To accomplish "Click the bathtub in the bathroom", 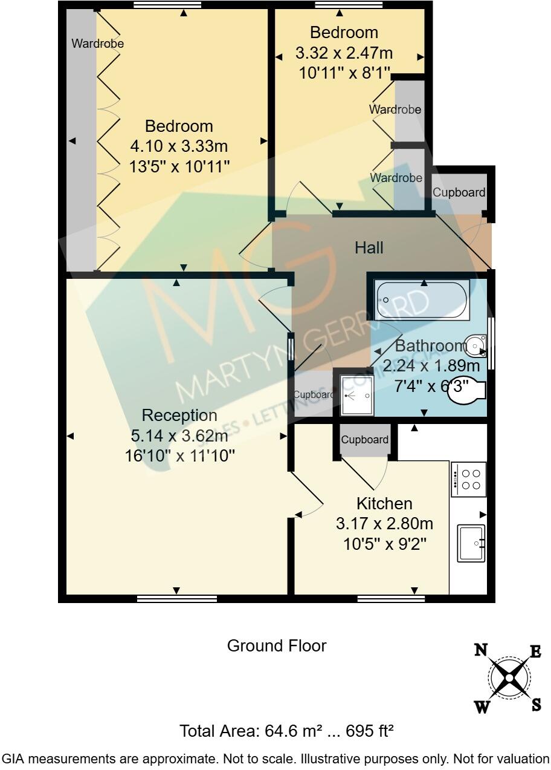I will coord(422,300).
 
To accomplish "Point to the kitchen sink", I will coord(471,543).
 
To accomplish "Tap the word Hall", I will coord(369,247).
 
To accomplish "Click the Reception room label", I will coord(179,416).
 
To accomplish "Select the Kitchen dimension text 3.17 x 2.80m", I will coord(384,524).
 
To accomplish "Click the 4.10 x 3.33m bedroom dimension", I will coord(179,146).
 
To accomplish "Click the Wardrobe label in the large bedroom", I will coord(97,44).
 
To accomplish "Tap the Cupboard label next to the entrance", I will coord(459,192).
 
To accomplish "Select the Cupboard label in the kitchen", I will coord(364,440).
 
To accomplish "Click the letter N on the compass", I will coord(481,651).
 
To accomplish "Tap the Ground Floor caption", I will coord(276,646).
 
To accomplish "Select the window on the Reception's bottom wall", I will coord(176,599).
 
